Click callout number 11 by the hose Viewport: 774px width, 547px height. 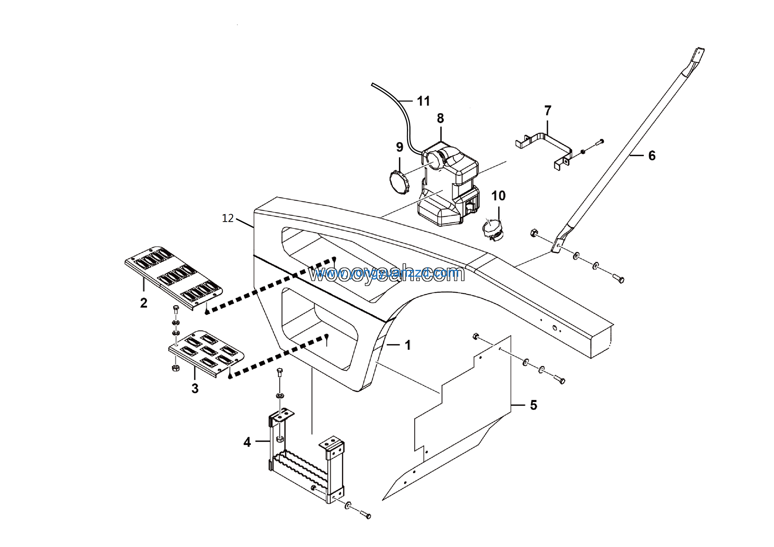coord(423,101)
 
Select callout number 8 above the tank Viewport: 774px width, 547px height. coord(440,118)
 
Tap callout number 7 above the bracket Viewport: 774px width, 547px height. coord(548,111)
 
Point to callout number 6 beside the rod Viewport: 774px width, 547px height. coord(652,156)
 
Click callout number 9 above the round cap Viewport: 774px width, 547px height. coord(399,147)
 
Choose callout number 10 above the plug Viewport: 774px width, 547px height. coord(499,196)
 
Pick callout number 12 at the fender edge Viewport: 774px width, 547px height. coord(228,218)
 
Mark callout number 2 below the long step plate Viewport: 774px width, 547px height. coord(144,303)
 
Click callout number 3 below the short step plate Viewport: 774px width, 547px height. coord(195,388)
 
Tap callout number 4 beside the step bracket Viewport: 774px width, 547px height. coord(247,442)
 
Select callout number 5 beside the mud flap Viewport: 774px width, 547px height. coord(533,405)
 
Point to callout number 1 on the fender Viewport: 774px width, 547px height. coord(408,345)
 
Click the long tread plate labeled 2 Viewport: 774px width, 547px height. coord(174,277)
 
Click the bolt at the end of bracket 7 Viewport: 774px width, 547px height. coord(599,142)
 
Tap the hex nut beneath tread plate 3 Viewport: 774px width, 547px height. coord(175,368)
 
